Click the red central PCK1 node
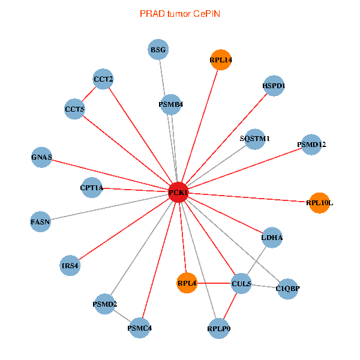click(178, 192)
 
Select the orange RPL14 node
click(221, 60)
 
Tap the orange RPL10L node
click(319, 203)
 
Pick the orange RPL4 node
click(187, 283)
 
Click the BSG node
click(158, 49)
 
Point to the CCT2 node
click(103, 79)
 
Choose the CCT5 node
click(74, 109)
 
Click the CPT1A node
click(91, 188)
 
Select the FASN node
click(40, 222)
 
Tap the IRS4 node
click(70, 265)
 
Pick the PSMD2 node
click(104, 304)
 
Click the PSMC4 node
click(139, 328)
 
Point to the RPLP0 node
click(219, 329)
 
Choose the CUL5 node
click(241, 283)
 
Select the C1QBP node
click(287, 289)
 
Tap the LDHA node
click(272, 238)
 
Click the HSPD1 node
click(274, 86)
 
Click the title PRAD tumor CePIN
click(180, 13)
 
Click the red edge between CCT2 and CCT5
click(89, 94)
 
